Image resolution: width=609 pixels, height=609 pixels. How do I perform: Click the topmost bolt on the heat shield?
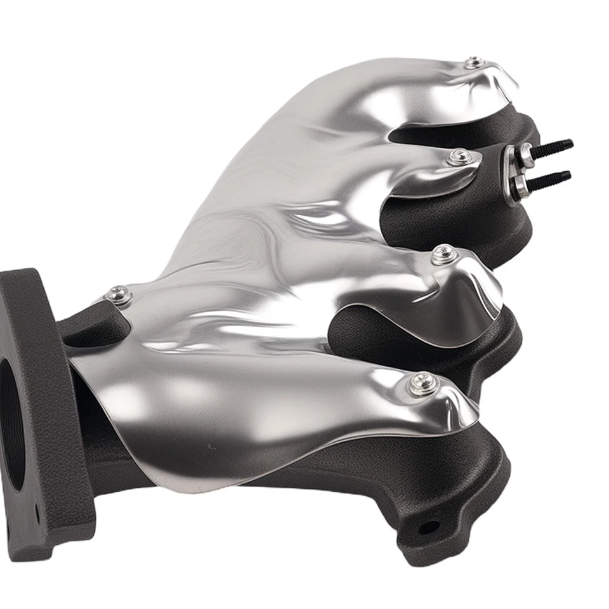coord(474,62)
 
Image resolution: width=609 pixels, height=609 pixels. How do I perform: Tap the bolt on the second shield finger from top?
coord(459,157)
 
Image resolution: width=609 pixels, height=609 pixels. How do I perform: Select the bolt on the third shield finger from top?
coord(443,254)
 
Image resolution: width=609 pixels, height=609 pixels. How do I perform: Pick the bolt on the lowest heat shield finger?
coord(422,383)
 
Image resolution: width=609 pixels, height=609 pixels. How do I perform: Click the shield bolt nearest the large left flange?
coord(119,295)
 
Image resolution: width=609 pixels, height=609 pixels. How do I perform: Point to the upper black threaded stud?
coord(552,147)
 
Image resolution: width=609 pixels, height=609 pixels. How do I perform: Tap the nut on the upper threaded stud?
coord(526,154)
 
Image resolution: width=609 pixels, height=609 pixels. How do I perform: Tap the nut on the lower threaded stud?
coord(521,187)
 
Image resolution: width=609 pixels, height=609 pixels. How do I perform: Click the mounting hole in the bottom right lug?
coord(429,527)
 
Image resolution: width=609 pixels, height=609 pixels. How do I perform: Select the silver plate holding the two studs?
coord(513,174)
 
